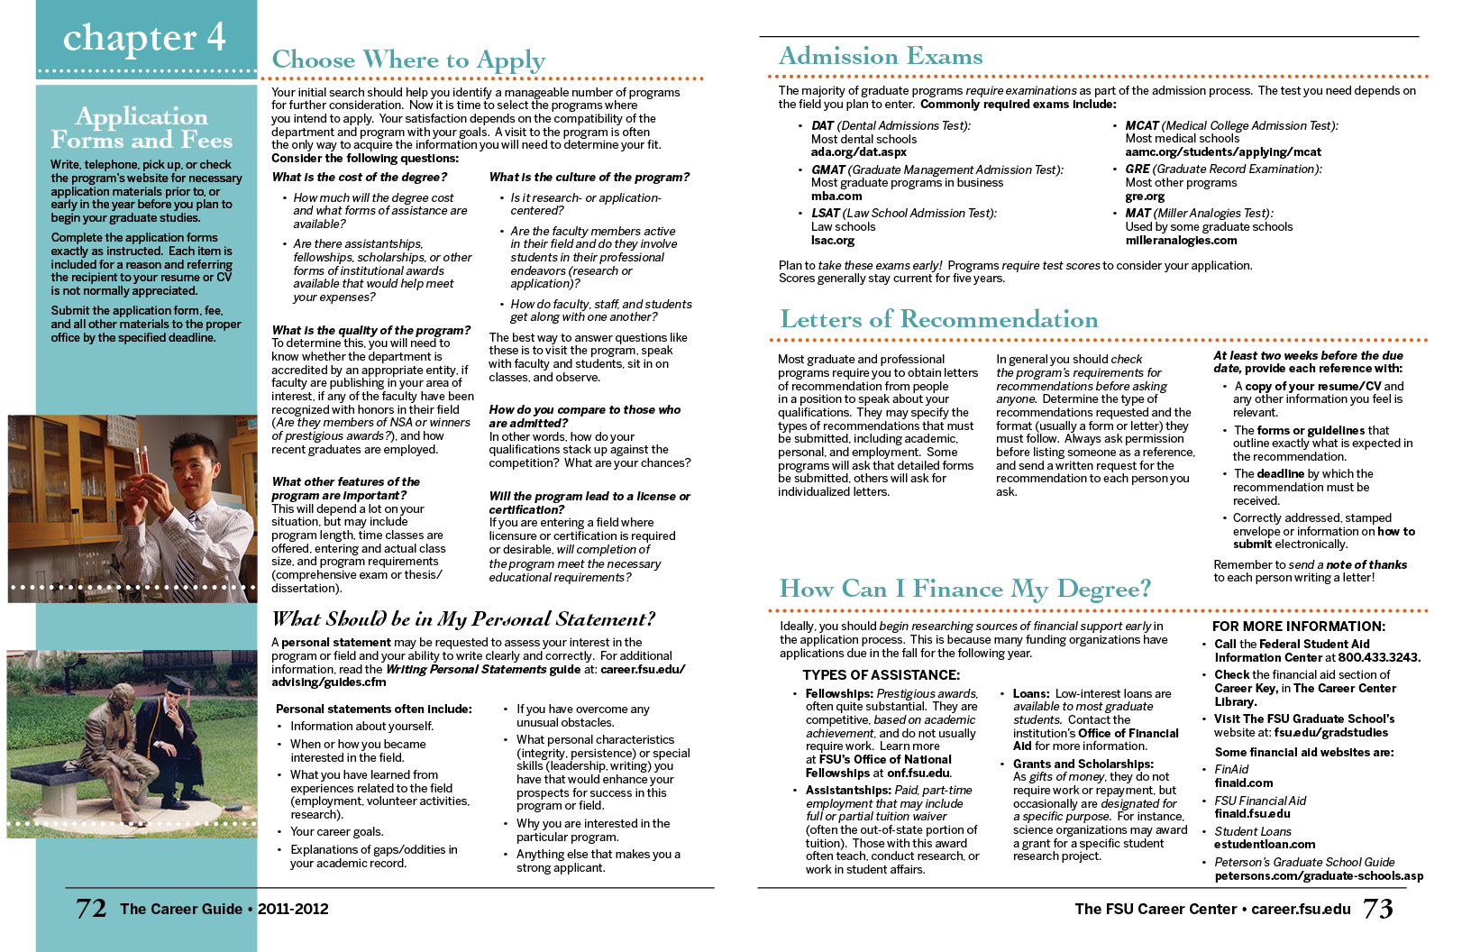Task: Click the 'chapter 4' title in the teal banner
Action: tap(144, 37)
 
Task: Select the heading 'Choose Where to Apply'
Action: tap(408, 60)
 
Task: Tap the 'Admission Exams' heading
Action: tap(881, 57)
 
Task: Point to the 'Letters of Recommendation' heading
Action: tap(938, 319)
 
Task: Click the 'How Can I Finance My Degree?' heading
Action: tap(964, 589)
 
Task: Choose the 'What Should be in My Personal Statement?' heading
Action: tap(463, 619)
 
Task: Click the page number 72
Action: tap(91, 908)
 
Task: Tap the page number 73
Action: tap(1377, 908)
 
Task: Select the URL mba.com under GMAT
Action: tap(836, 197)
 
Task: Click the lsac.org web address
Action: tap(833, 241)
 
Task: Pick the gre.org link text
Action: tap(1145, 197)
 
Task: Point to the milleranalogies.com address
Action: tap(1181, 241)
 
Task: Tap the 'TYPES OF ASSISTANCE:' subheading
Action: tap(881, 675)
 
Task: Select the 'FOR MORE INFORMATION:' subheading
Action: tap(1298, 627)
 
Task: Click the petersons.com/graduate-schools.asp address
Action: tap(1319, 876)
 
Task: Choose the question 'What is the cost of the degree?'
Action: tap(360, 178)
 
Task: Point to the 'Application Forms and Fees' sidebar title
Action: tap(142, 128)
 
